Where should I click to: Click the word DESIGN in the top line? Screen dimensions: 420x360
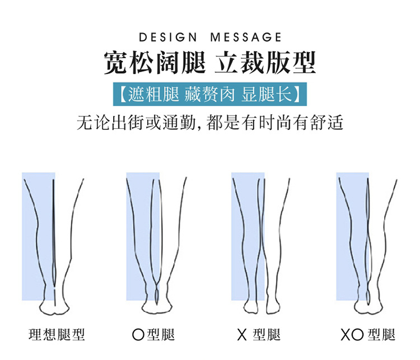pos(168,38)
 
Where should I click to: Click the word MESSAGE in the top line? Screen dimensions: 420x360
pos(246,38)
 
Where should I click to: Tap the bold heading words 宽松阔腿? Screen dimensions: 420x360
pos(155,63)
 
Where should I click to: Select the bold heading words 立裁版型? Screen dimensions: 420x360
pos(265,63)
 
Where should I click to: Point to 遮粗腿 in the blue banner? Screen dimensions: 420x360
pos(153,94)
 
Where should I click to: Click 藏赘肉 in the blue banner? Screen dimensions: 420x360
pos(209,94)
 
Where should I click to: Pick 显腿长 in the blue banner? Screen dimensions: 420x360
pos(266,94)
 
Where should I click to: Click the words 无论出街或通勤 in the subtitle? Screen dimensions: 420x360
pos(137,123)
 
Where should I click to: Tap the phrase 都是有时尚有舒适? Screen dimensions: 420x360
pos(275,123)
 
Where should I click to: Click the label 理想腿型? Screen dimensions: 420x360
pos(57,335)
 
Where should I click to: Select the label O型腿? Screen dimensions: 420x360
pos(153,335)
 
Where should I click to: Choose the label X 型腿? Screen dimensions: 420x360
pos(259,335)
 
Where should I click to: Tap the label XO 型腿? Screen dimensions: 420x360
pos(368,335)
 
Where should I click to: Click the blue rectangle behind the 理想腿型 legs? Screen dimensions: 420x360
pos(39,236)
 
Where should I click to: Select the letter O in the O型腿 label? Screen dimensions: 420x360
pos(138,335)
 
